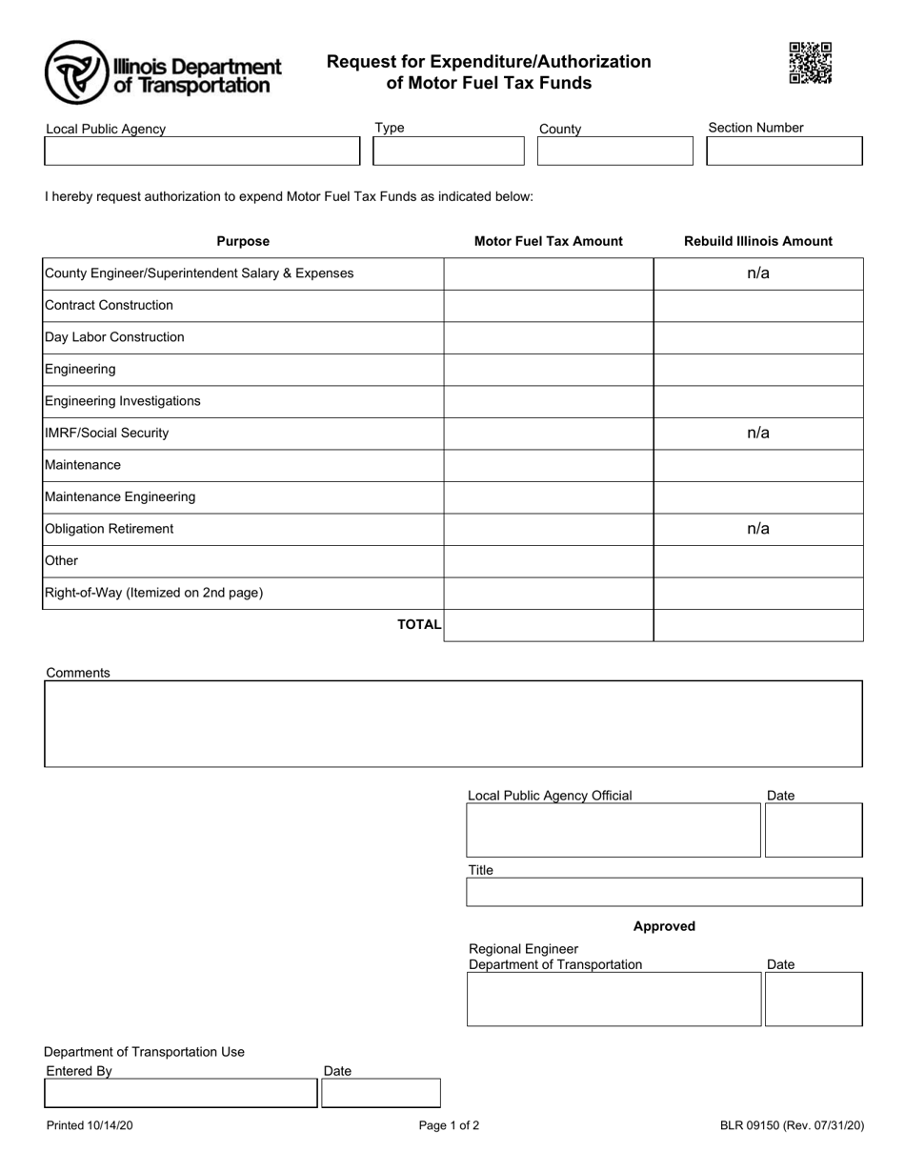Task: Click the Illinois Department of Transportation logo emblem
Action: point(76,72)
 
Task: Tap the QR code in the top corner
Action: point(811,63)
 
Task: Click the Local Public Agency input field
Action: point(202,152)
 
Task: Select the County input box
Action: point(614,152)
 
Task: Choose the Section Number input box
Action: point(783,151)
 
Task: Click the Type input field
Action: point(448,152)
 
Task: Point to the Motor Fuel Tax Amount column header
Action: point(548,241)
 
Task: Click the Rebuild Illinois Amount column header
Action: point(757,241)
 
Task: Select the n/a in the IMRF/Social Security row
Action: point(757,434)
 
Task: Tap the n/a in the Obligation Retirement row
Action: point(757,529)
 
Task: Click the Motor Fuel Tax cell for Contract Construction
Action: point(548,306)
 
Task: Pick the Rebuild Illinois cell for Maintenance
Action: point(757,465)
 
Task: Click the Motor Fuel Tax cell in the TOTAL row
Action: point(548,625)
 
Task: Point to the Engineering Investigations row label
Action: point(123,401)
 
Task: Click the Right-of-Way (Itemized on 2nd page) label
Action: point(153,593)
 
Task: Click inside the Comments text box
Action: point(452,723)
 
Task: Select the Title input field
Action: point(663,892)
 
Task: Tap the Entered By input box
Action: point(180,1093)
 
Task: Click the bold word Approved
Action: point(664,926)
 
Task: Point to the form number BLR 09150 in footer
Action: point(792,1125)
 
